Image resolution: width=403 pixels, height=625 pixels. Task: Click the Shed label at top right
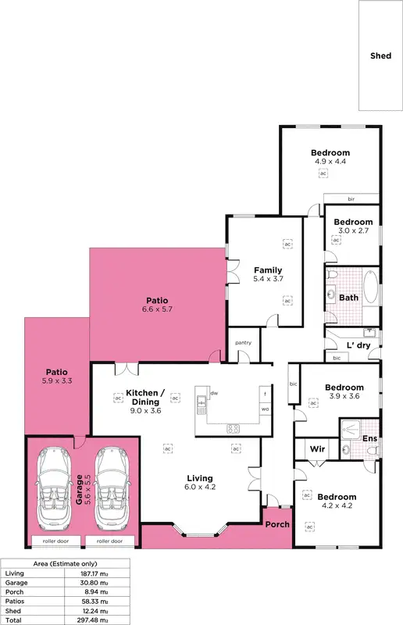coord(381,55)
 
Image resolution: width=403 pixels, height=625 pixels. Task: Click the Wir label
coord(317,449)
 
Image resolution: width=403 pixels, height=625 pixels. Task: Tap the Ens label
coord(370,439)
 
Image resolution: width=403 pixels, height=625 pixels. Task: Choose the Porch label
coord(277,524)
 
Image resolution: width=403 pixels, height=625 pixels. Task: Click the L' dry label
coord(358,345)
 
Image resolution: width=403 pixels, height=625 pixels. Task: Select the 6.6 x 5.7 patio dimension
coord(157,309)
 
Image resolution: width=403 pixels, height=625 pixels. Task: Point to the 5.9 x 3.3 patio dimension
coord(55,381)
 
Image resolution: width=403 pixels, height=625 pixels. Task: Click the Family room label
coord(268,270)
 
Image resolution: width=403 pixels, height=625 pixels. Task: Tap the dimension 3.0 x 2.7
coord(353,230)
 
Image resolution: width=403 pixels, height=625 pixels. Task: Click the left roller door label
coord(47,541)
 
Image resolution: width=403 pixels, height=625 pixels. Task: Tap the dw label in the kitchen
coord(213,394)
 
